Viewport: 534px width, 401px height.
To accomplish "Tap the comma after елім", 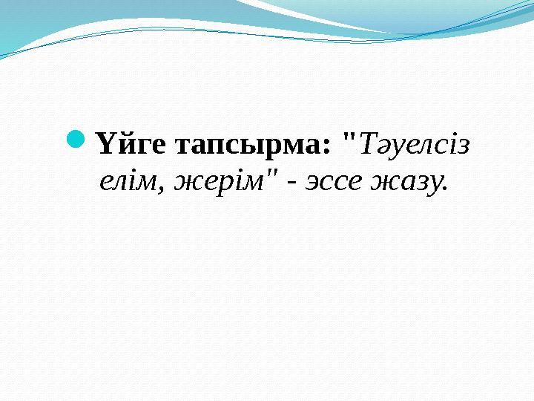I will point(160,189).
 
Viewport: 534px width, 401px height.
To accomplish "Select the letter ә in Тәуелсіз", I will point(379,147).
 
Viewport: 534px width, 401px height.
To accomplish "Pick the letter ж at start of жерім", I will point(185,183).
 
